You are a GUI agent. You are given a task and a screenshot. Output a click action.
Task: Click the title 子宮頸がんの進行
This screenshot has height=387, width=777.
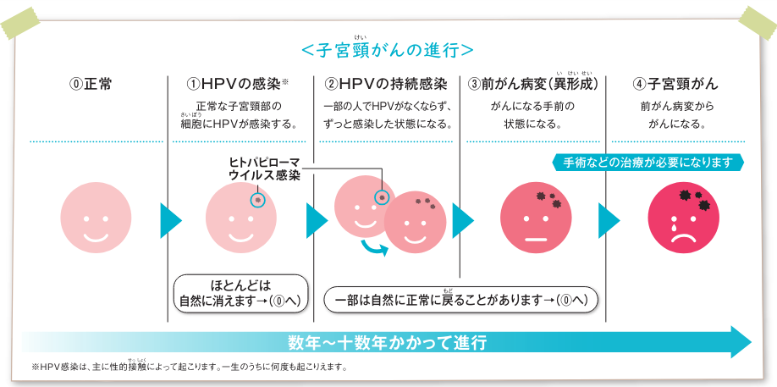(387, 50)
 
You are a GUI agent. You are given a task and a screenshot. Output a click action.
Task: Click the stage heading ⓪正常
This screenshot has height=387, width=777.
(91, 84)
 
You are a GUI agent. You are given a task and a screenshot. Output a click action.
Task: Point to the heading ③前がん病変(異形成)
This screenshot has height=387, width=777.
(533, 84)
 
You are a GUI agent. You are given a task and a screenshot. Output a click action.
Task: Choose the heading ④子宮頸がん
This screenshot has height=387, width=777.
(675, 84)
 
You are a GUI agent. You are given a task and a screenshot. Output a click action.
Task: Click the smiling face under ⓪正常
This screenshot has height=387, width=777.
(91, 218)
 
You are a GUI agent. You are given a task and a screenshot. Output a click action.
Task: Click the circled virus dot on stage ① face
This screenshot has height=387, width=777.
(257, 200)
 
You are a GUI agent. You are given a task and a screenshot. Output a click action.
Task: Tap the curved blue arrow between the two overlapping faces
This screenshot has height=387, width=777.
(375, 248)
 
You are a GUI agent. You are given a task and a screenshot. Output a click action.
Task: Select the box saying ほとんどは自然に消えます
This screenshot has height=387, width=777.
(240, 295)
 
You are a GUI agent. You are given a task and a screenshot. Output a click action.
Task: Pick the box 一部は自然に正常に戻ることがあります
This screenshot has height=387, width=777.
(461, 301)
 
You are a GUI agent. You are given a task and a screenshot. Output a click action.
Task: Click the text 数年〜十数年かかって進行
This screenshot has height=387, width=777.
(388, 342)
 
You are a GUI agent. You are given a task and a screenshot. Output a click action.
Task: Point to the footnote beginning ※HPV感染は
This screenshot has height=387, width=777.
(188, 368)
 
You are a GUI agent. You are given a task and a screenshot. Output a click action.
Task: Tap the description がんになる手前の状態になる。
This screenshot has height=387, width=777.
(532, 115)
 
